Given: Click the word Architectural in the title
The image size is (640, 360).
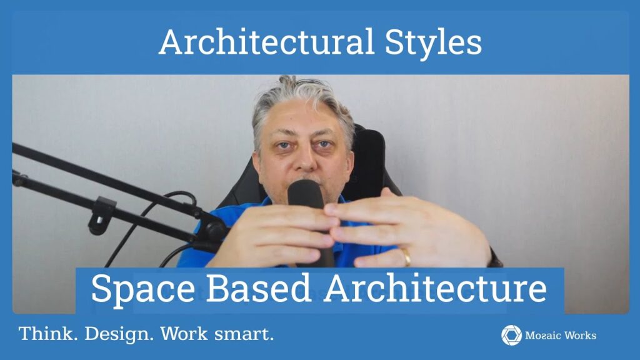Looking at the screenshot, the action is click(266, 42).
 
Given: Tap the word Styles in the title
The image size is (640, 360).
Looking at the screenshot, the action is click(433, 44).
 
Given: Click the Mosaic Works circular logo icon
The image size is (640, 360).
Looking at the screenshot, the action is click(511, 336).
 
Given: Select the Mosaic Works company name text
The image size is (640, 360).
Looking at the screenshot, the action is click(561, 336).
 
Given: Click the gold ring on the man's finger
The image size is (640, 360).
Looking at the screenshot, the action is click(406, 257).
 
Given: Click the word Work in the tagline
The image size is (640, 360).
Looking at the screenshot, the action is click(184, 334).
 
